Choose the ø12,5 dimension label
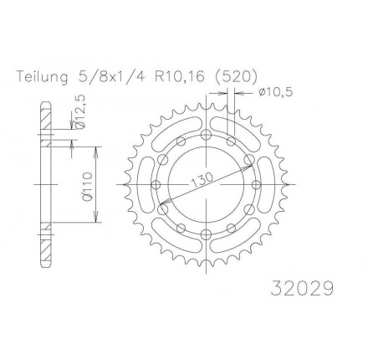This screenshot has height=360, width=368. [79, 111]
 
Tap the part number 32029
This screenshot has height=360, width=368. [304, 289]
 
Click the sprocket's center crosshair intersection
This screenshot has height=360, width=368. [205, 183]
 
